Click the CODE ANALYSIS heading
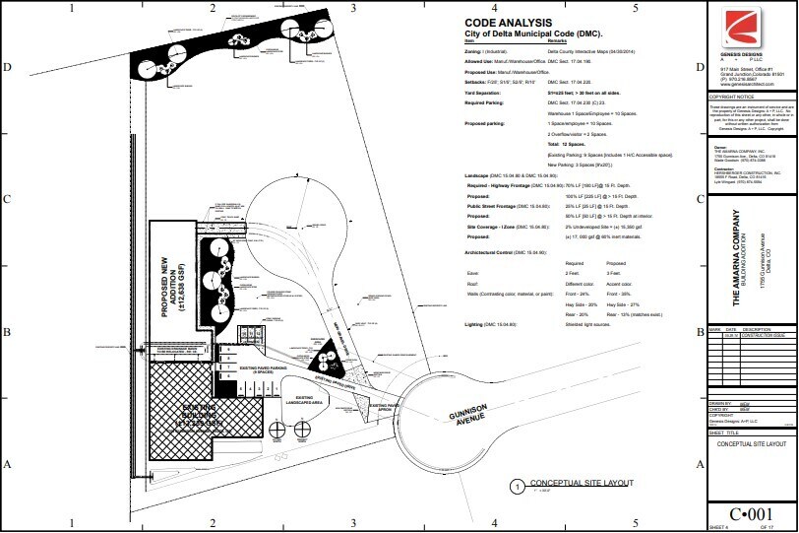(508, 23)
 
